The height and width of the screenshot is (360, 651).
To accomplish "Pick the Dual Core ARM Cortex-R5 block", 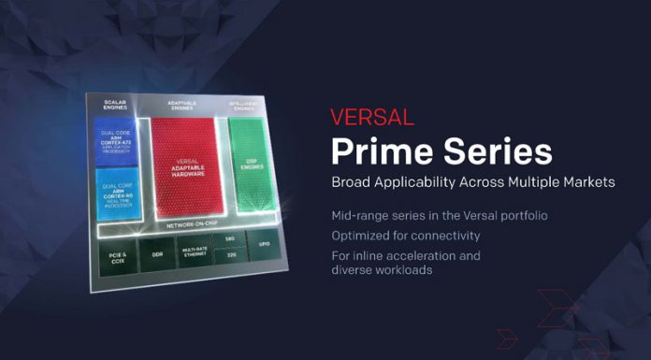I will [117, 194].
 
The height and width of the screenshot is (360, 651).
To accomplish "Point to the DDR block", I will [156, 254].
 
